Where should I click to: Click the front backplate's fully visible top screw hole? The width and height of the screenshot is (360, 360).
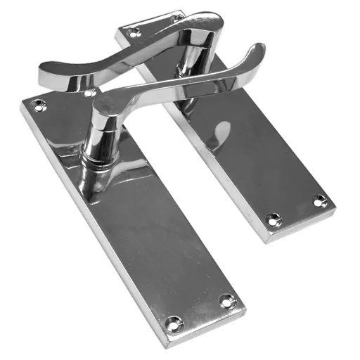click(x=36, y=108)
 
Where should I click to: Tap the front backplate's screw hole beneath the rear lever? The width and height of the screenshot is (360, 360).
click(x=89, y=93)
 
